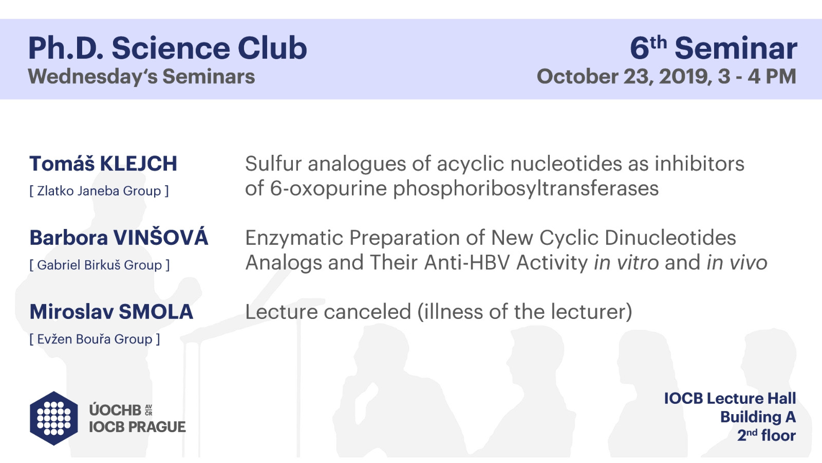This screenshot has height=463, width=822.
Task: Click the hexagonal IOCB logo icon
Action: click(54, 418)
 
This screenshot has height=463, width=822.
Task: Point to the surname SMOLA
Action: click(156, 312)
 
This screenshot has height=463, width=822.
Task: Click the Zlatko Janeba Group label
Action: click(99, 191)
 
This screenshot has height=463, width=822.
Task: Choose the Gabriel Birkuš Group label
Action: click(100, 265)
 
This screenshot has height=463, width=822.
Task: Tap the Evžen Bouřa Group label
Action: click(95, 339)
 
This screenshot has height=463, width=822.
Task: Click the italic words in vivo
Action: click(737, 262)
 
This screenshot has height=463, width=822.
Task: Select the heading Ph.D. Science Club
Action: click(167, 48)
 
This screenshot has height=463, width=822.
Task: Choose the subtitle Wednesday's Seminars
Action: click(141, 77)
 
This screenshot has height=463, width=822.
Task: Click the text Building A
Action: click(758, 417)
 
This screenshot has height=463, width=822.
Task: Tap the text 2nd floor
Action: click(767, 435)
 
